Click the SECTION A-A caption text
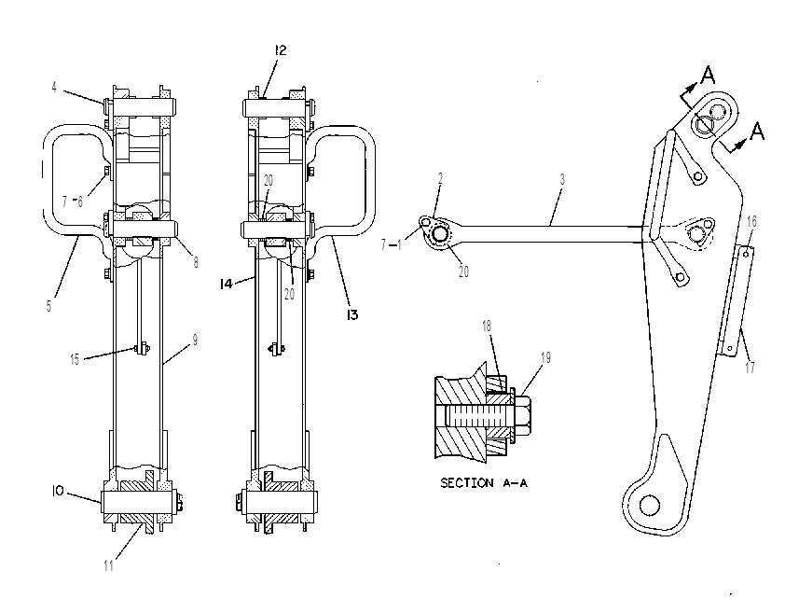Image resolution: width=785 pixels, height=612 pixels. click(484, 482)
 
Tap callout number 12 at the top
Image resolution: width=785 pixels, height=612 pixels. click(281, 50)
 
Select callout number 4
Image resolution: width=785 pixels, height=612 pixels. click(54, 87)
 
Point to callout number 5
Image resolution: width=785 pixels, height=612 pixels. click(48, 306)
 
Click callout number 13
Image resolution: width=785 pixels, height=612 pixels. click(352, 314)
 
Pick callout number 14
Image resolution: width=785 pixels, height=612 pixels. click(227, 284)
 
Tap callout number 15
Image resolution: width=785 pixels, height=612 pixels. click(75, 359)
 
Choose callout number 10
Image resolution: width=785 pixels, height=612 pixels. click(58, 492)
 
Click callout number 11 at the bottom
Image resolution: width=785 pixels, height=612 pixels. click(109, 565)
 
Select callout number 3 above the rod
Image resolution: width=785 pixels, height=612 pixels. click(562, 179)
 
